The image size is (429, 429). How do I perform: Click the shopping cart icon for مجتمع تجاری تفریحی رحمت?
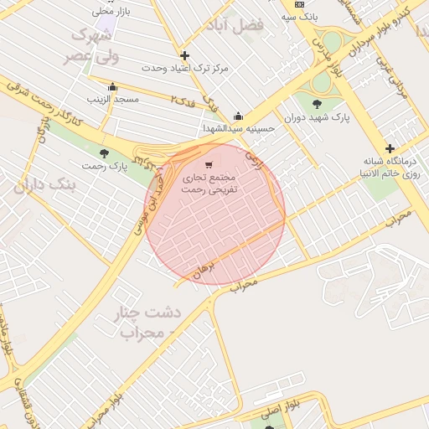(209, 164)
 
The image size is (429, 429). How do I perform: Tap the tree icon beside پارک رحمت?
(104, 153)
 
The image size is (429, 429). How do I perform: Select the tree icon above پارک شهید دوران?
(316, 104)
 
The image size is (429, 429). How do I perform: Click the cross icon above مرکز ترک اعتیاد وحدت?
(184, 55)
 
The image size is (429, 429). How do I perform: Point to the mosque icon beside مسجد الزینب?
(113, 86)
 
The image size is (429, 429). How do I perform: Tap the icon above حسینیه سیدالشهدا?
(238, 116)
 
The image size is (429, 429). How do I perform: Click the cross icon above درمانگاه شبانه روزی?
(390, 148)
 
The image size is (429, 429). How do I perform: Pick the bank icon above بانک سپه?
(299, 4)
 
